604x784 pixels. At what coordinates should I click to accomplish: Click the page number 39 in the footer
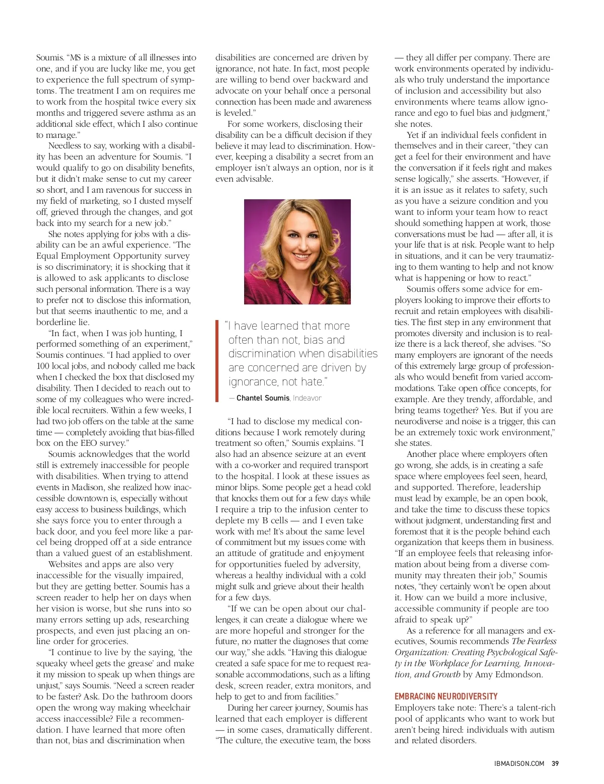[x=555, y=763]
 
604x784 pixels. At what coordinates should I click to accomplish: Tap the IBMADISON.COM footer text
[x=519, y=763]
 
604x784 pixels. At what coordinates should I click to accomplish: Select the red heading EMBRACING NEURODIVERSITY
[x=446, y=696]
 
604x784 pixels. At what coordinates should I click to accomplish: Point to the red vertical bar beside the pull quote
[x=217, y=360]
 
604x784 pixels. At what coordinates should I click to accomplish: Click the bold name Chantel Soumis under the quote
[x=263, y=398]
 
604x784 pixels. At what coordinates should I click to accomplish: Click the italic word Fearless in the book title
[x=542, y=641]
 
